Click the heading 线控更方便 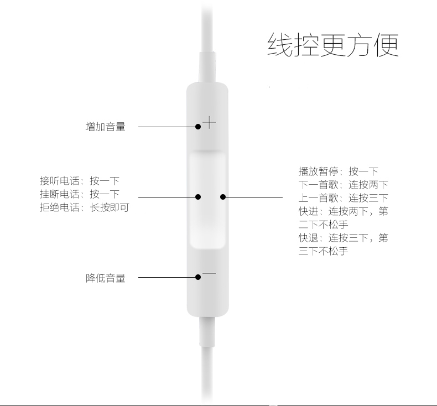click(x=332, y=45)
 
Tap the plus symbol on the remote click(x=209, y=122)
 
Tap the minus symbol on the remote click(x=209, y=273)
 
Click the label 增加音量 click(x=106, y=127)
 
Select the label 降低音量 click(x=106, y=278)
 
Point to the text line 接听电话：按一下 click(x=80, y=181)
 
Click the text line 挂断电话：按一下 click(x=80, y=194)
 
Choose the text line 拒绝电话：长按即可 click(x=84, y=208)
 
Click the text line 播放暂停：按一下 click(x=338, y=171)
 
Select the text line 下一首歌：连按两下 click(x=343, y=185)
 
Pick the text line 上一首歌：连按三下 click(x=343, y=198)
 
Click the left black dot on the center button click(x=198, y=196)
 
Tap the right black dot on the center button click(x=222, y=196)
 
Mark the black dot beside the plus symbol click(x=198, y=127)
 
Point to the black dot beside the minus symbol click(x=198, y=277)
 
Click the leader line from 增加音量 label click(x=166, y=127)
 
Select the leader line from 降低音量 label click(x=166, y=277)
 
